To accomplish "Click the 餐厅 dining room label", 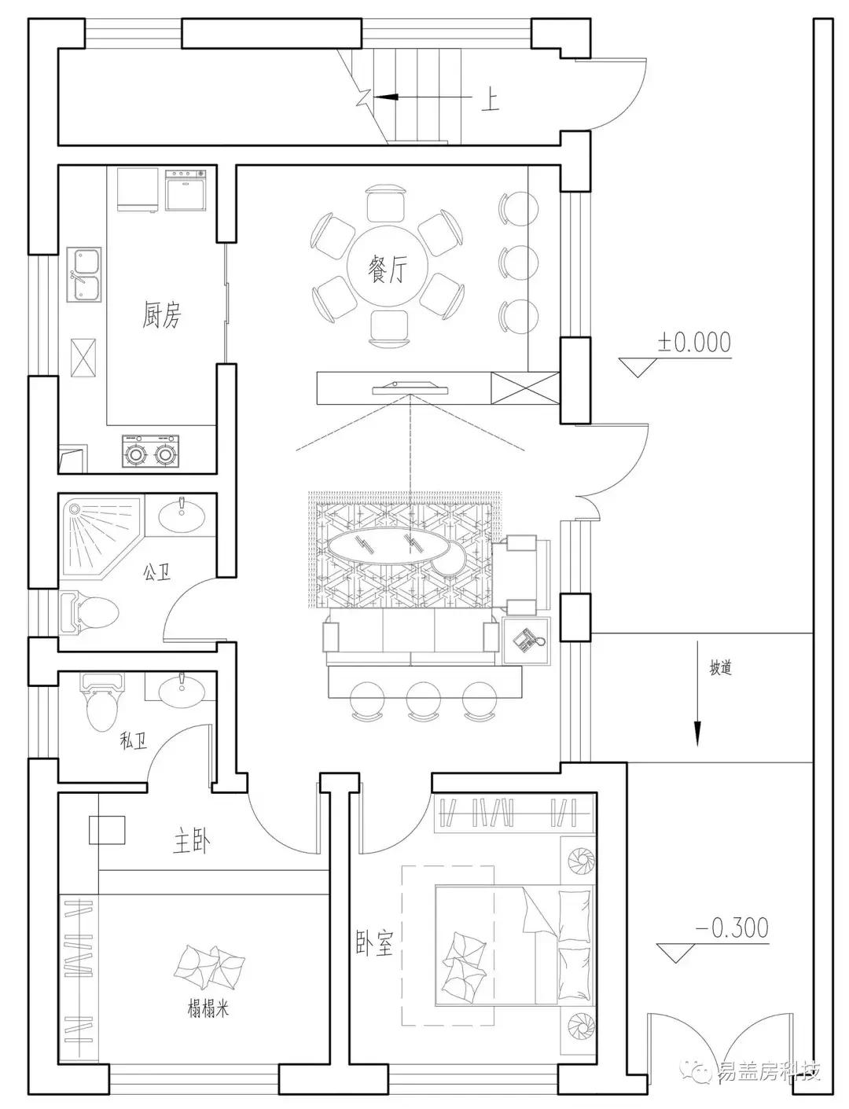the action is click(388, 268).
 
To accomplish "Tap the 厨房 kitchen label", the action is click(161, 314).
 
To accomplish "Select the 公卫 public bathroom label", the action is click(157, 572).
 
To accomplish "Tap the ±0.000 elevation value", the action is click(694, 342).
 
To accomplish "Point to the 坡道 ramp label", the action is click(720, 668).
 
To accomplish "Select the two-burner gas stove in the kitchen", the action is click(150, 450).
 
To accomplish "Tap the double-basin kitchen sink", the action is click(84, 275).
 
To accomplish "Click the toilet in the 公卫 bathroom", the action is click(89, 614).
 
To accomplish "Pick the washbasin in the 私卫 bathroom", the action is click(182, 689).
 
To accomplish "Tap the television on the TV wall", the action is click(410, 388).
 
